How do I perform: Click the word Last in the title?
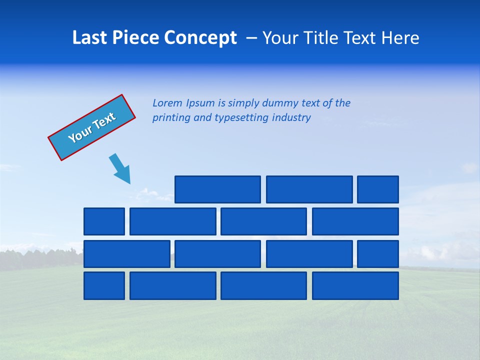pos(89,38)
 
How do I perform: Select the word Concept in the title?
pos(201,38)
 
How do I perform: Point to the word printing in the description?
pos(171,118)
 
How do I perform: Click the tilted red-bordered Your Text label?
pos(91,127)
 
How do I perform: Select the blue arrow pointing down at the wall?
pos(120,168)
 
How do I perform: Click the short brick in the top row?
pos(377,189)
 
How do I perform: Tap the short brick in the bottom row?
pos(104,285)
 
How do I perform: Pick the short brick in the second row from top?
pos(104,221)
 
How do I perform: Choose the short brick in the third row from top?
pos(377,254)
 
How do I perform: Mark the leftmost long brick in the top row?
pos(217,189)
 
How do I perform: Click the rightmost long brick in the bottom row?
pos(355,285)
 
